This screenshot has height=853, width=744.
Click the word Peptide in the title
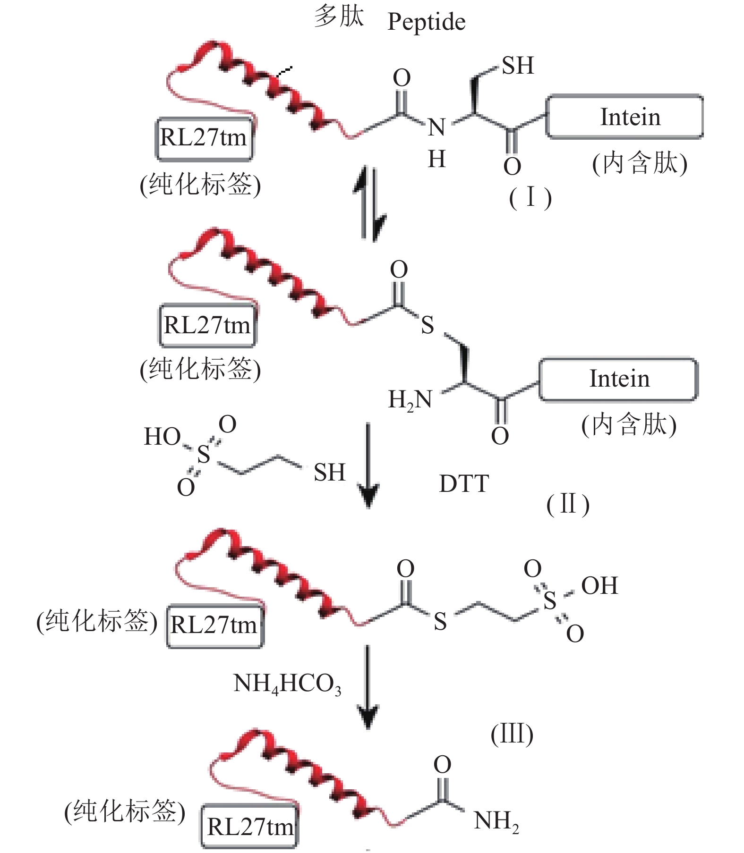click(426, 22)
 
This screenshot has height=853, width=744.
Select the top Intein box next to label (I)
click(624, 117)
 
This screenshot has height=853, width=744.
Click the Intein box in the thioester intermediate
click(618, 379)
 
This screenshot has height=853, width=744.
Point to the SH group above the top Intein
click(517, 66)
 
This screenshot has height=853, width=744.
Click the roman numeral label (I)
click(530, 197)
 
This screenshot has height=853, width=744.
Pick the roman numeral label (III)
click(512, 734)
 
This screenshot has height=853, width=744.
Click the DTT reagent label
click(464, 484)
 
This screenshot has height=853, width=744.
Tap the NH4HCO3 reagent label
click(287, 684)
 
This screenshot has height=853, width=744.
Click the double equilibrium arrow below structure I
click(369, 203)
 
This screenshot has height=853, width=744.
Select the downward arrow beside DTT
click(368, 465)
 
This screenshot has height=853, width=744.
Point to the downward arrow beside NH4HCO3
click(368, 687)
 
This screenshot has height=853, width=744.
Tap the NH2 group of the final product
click(496, 821)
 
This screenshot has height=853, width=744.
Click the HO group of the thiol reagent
click(162, 437)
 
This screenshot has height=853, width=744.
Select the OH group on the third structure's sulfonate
click(599, 586)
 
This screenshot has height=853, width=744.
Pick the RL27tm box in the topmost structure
click(204, 138)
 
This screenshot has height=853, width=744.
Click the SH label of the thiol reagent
click(329, 473)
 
